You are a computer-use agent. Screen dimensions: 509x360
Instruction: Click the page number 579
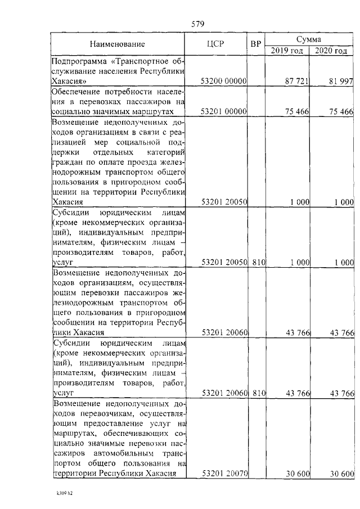[197, 24]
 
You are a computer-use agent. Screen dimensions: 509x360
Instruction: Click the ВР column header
[255, 44]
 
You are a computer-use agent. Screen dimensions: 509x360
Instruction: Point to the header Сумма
[309, 39]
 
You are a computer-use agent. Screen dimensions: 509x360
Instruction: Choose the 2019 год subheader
[287, 51]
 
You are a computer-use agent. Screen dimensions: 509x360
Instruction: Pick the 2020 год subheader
[331, 51]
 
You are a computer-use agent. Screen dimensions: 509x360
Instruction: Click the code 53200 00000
[224, 82]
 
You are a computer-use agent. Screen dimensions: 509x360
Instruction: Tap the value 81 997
[341, 82]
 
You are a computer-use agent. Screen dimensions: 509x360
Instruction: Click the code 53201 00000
[224, 112]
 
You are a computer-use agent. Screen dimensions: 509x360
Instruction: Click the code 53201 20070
[224, 474]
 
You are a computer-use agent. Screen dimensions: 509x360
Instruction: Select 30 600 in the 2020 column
[341, 474]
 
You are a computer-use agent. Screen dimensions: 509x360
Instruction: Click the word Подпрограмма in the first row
[76, 61]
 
